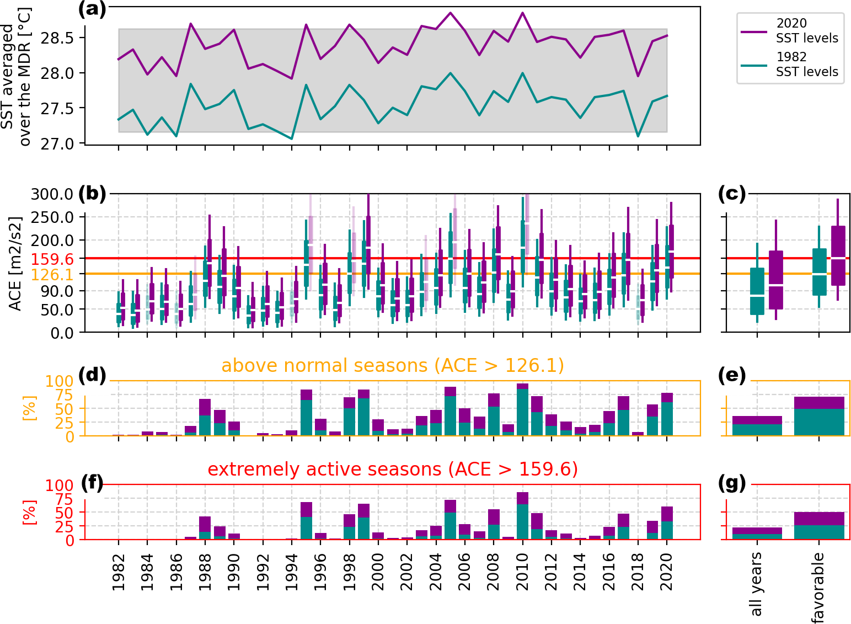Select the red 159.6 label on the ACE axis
point(52,259)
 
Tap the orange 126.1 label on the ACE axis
point(52,274)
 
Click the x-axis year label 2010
point(522,572)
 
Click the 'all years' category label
point(756,584)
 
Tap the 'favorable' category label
point(818,587)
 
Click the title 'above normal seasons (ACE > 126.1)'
point(393,366)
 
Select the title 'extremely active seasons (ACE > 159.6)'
point(393,470)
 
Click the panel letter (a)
point(92,9)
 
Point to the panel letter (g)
point(732,483)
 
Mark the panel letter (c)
point(732,194)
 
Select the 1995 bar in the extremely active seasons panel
point(306,521)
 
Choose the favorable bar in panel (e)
point(819,417)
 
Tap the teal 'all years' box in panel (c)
point(757,291)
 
